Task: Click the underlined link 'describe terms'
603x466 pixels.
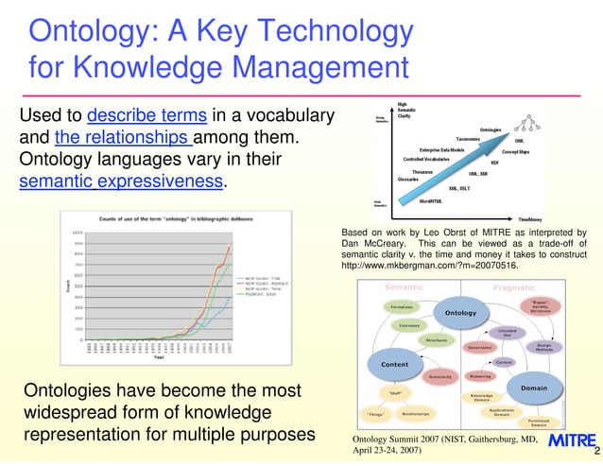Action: click(x=146, y=116)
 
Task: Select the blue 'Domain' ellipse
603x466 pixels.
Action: click(x=534, y=388)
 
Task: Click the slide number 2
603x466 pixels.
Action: click(x=596, y=452)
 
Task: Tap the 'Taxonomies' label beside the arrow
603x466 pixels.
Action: click(x=469, y=138)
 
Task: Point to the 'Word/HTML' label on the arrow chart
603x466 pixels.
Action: click(x=432, y=200)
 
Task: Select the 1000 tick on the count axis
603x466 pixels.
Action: click(x=77, y=232)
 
